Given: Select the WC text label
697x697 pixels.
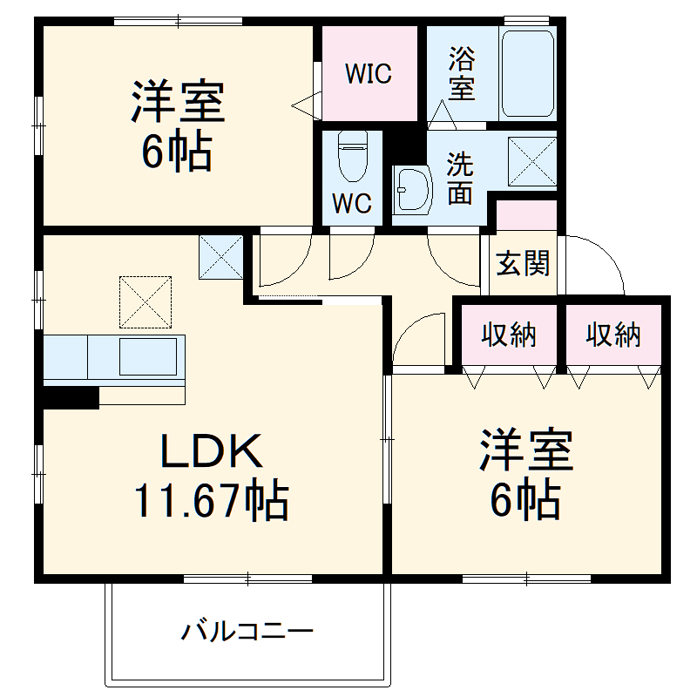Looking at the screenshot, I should click(x=352, y=203).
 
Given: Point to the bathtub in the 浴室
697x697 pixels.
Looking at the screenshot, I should click(x=528, y=75).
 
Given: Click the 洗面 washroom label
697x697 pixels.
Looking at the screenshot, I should click(x=461, y=179).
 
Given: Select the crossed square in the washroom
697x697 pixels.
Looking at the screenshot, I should click(x=531, y=162).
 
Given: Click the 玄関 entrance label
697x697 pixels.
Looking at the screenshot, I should click(x=523, y=264).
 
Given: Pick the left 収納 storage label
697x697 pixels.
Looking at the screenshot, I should click(x=510, y=335).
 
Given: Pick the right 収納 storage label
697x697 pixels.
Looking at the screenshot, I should click(x=613, y=335).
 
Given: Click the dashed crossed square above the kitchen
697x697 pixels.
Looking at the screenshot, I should click(x=145, y=301).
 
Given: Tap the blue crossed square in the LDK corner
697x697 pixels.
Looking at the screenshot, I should click(x=221, y=257).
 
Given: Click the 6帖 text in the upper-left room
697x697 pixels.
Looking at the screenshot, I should click(x=178, y=154).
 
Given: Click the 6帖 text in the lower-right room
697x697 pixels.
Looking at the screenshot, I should click(x=524, y=500).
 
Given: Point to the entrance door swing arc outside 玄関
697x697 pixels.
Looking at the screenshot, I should click(x=601, y=261).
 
